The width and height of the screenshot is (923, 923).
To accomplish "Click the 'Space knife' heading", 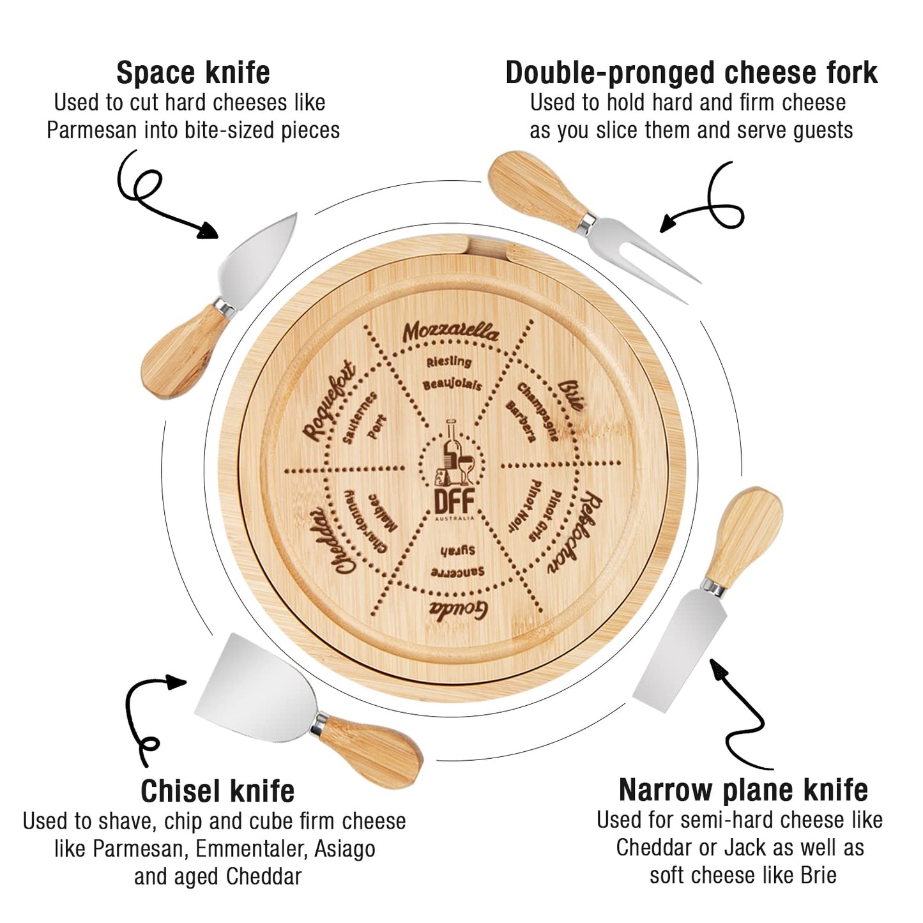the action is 193,73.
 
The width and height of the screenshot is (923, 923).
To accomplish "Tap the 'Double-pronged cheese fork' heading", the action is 691,73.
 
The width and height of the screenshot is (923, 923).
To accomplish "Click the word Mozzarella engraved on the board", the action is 450,332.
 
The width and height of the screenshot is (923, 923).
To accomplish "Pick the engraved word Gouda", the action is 458,609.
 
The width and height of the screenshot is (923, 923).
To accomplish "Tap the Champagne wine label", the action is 537,411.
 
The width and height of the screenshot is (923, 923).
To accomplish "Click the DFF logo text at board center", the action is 454,501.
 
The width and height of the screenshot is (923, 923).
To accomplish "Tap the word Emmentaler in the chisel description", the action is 251,849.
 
